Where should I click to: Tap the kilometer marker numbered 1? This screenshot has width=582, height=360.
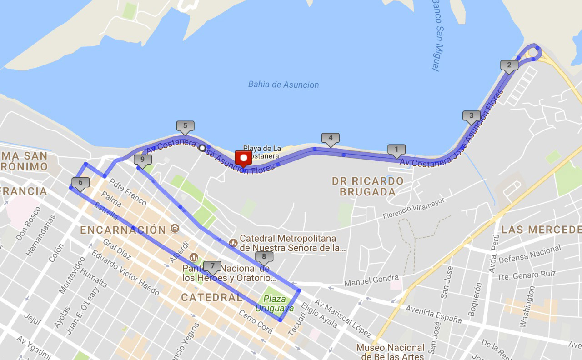pyautogui.click(x=396, y=150)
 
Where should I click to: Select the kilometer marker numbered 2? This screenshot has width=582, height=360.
pyautogui.click(x=509, y=65)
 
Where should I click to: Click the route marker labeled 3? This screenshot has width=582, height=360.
pyautogui.click(x=471, y=116)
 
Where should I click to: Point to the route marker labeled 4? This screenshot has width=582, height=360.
pyautogui.click(x=330, y=138)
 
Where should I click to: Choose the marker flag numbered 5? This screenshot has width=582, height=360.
pyautogui.click(x=185, y=126)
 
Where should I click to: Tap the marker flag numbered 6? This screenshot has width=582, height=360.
pyautogui.click(x=80, y=183)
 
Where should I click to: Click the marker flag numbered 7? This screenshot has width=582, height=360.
pyautogui.click(x=212, y=266)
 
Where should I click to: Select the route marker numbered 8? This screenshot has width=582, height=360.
pyautogui.click(x=264, y=257)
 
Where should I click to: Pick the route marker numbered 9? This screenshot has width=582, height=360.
pyautogui.click(x=143, y=160)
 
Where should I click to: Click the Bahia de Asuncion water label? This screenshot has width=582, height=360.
pyautogui.click(x=283, y=85)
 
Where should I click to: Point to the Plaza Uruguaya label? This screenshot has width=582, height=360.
pyautogui.click(x=274, y=304)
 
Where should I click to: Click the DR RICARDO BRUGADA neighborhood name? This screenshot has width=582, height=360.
pyautogui.click(x=367, y=186)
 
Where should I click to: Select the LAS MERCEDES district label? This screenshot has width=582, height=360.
pyautogui.click(x=541, y=230)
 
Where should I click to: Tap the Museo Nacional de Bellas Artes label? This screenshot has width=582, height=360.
pyautogui.click(x=390, y=351)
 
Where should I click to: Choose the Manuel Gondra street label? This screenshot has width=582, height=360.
pyautogui.click(x=371, y=280)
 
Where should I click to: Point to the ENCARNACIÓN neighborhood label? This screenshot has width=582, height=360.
pyautogui.click(x=123, y=230)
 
